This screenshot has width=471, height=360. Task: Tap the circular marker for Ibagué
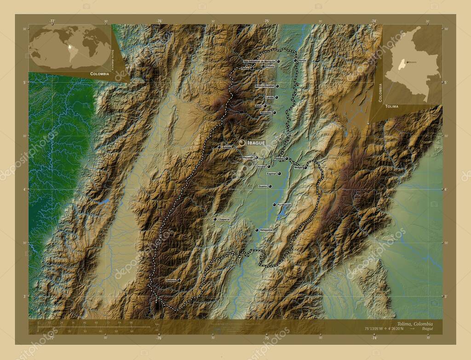click(x=242, y=143)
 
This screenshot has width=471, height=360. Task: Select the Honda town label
click(x=302, y=60)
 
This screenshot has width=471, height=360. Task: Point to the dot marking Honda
click(x=295, y=60)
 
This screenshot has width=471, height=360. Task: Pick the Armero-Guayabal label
click(x=264, y=86)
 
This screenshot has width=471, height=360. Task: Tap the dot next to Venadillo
click(x=275, y=112)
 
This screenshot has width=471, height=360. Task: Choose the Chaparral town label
click(x=224, y=219)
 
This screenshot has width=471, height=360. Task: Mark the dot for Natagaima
click(x=257, y=230)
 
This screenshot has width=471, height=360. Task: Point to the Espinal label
click(x=271, y=174)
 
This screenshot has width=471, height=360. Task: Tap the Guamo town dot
click(x=270, y=186)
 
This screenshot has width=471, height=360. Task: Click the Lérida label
click(x=270, y=97)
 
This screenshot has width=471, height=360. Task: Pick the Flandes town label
click(x=279, y=159)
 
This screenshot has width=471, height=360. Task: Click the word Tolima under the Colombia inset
click(x=392, y=106)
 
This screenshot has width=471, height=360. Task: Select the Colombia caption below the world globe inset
click(x=99, y=74)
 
